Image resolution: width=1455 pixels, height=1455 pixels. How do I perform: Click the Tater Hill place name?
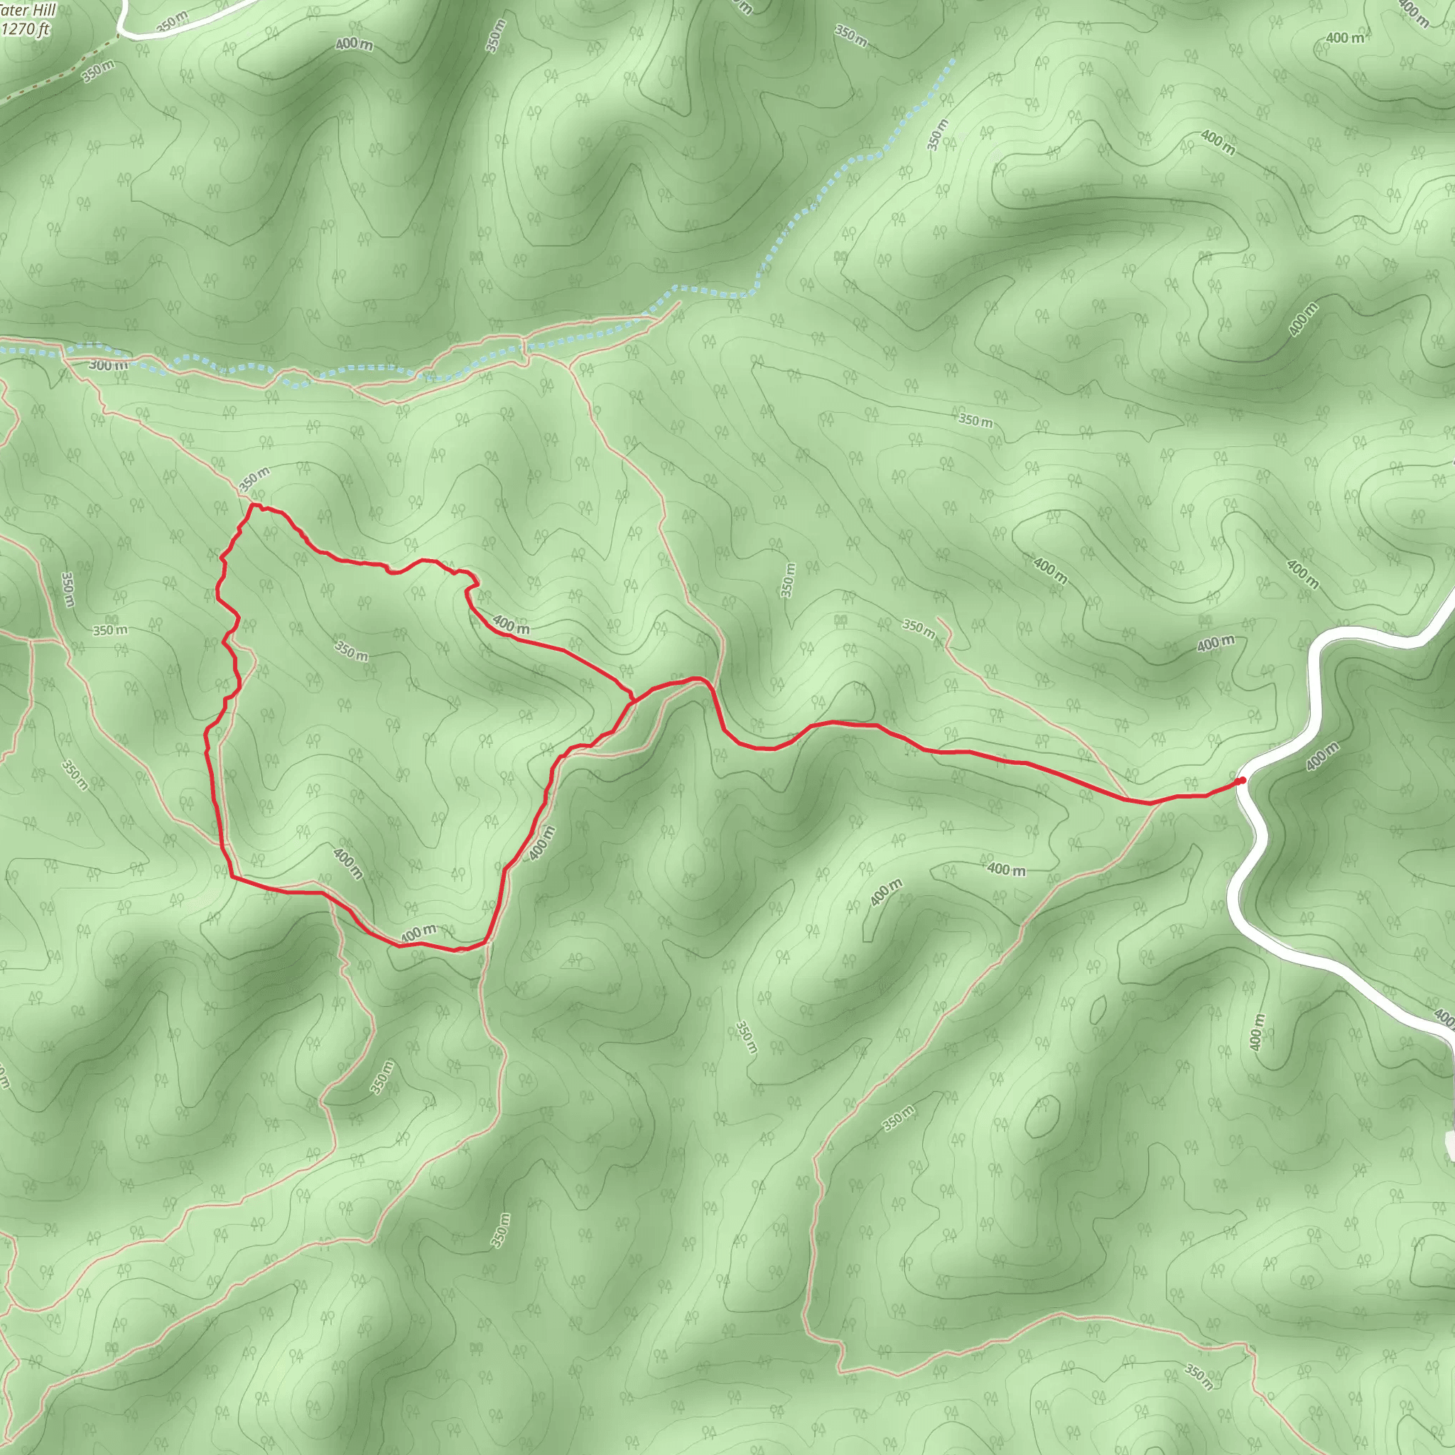click(x=28, y=11)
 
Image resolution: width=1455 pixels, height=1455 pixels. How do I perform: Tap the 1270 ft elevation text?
click(x=26, y=29)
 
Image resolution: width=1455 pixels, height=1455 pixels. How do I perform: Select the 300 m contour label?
click(x=109, y=365)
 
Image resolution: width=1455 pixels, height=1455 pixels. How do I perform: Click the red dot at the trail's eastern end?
click(x=1241, y=780)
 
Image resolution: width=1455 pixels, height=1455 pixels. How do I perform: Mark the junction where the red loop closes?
click(x=632, y=701)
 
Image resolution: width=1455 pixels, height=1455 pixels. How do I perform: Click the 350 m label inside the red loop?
click(x=351, y=651)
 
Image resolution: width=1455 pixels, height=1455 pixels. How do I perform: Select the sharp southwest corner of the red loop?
click(x=231, y=877)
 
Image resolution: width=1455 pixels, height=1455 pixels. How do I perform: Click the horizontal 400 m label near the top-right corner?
click(x=1345, y=38)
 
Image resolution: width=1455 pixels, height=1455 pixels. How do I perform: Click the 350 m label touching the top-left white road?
click(x=172, y=22)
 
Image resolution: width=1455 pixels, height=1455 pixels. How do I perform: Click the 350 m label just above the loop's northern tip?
click(x=254, y=479)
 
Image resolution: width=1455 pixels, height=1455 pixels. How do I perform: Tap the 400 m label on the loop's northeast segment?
click(x=511, y=624)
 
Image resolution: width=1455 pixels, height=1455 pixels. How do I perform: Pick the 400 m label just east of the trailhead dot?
click(x=1322, y=756)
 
